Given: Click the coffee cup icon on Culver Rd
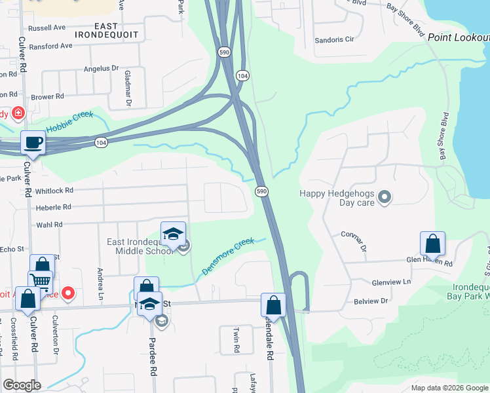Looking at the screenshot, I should click(33, 142).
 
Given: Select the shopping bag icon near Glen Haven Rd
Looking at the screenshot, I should click(432, 244).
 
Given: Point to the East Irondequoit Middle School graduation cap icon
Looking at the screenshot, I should click(173, 234).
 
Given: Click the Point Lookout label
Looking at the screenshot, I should click(458, 37).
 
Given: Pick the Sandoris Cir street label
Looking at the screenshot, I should click(334, 39).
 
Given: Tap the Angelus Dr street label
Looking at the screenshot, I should click(101, 68).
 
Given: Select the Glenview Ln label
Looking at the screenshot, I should click(391, 282).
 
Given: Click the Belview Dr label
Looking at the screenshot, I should click(371, 301).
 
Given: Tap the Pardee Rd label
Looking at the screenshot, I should click(153, 356).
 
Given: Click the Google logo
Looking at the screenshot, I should click(22, 385).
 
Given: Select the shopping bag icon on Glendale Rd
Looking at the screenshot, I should click(273, 305).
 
